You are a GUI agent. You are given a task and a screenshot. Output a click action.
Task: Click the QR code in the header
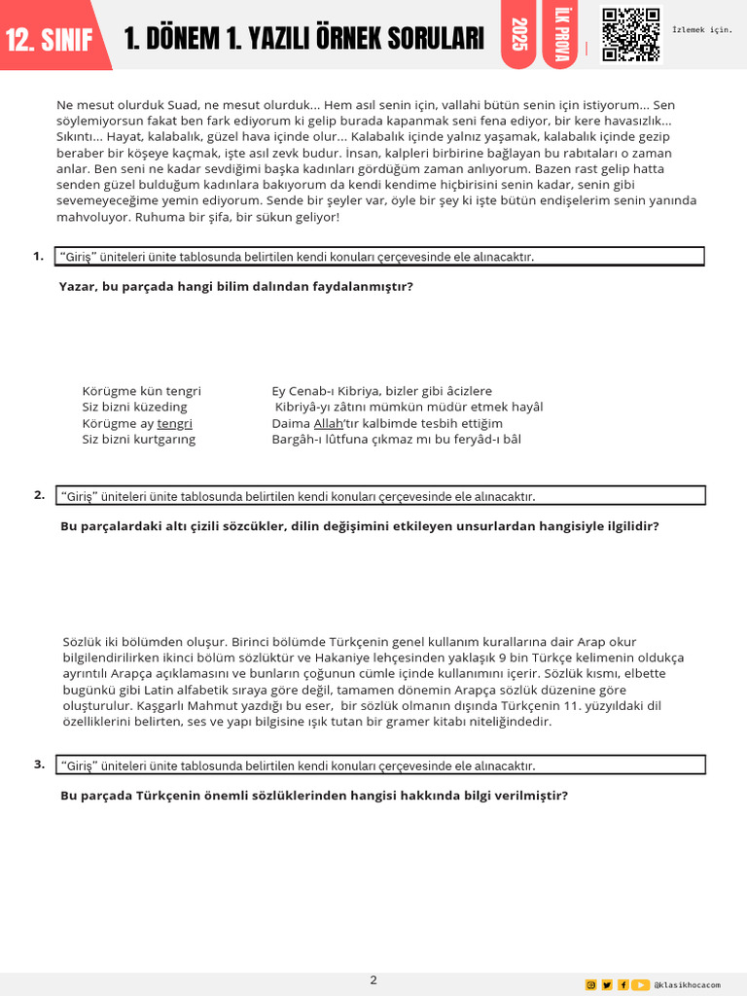click(x=630, y=35)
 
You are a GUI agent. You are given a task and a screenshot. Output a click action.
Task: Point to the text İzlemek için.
click(x=701, y=29)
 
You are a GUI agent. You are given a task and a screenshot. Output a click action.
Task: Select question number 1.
click(x=38, y=256)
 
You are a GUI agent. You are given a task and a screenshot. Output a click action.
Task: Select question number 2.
click(x=39, y=494)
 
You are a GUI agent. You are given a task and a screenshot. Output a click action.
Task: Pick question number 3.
click(x=39, y=764)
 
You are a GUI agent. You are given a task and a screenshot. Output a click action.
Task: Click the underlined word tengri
click(x=175, y=423)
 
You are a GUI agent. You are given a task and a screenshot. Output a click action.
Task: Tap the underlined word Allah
click(x=329, y=423)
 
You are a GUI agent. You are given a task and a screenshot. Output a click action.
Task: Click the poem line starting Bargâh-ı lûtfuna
click(x=396, y=439)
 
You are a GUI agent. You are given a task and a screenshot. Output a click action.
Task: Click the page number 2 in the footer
click(x=373, y=979)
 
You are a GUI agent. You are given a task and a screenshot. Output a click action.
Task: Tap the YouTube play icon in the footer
click(x=641, y=984)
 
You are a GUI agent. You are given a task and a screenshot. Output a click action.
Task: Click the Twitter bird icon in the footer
click(x=607, y=984)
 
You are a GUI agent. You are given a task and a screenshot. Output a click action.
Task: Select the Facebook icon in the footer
click(x=622, y=984)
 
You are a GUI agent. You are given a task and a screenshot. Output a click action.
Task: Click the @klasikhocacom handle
click(x=689, y=984)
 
